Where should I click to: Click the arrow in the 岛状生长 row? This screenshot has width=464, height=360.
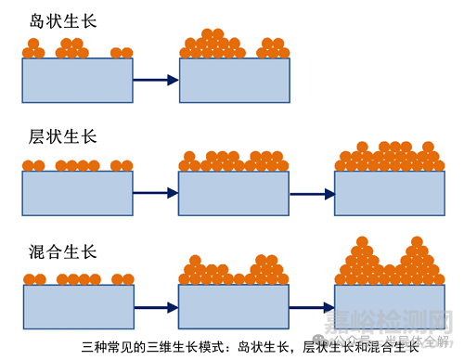(155, 81)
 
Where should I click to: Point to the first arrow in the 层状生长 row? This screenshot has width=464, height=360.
(155, 194)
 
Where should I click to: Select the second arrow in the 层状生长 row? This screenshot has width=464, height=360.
(312, 194)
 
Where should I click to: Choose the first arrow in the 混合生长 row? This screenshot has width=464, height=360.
(155, 307)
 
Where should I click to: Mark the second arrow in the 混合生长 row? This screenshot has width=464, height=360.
(312, 307)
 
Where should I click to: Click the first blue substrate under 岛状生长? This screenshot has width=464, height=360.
(77, 80)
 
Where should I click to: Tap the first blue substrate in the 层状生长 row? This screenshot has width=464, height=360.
(77, 193)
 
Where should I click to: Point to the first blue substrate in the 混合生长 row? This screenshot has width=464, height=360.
(77, 306)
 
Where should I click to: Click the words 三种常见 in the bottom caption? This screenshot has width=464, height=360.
(105, 345)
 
